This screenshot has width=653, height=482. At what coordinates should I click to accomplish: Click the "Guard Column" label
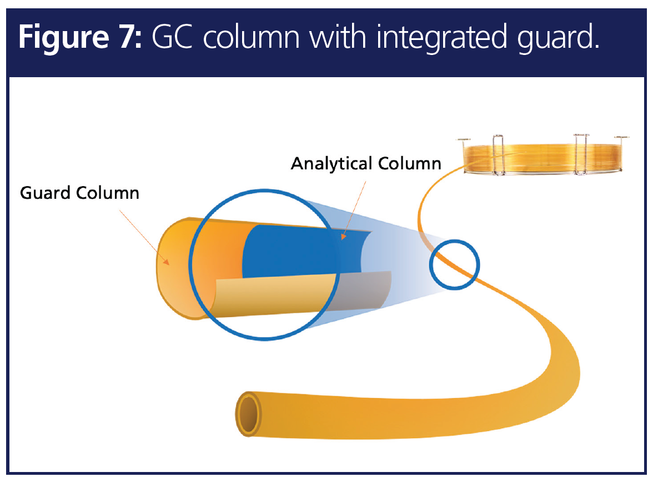[x=79, y=193]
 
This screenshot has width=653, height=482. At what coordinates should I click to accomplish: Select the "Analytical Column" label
[x=366, y=164]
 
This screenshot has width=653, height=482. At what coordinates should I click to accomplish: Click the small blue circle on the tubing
[x=455, y=264]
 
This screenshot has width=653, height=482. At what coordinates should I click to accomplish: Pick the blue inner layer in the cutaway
[x=294, y=250]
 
